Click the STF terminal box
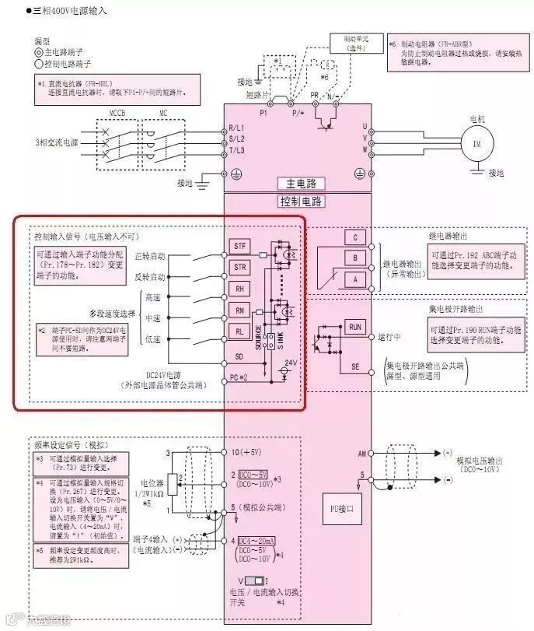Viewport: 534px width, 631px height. pyautogui.click(x=240, y=246)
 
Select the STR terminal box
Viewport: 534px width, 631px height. pyautogui.click(x=240, y=267)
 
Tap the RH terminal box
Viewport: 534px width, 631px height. pyautogui.click(x=240, y=289)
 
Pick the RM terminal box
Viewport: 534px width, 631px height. pyautogui.click(x=240, y=310)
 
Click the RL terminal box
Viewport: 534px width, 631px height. pyautogui.click(x=240, y=331)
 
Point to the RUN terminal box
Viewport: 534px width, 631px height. pyautogui.click(x=355, y=327)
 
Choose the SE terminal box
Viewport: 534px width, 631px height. pyautogui.click(x=355, y=365)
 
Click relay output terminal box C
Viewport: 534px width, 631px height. pyautogui.click(x=355, y=237)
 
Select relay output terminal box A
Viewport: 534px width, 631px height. pyautogui.click(x=355, y=277)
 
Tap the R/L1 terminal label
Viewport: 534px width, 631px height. pyautogui.click(x=236, y=127)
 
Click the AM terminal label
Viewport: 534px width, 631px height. pyautogui.click(x=362, y=452)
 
